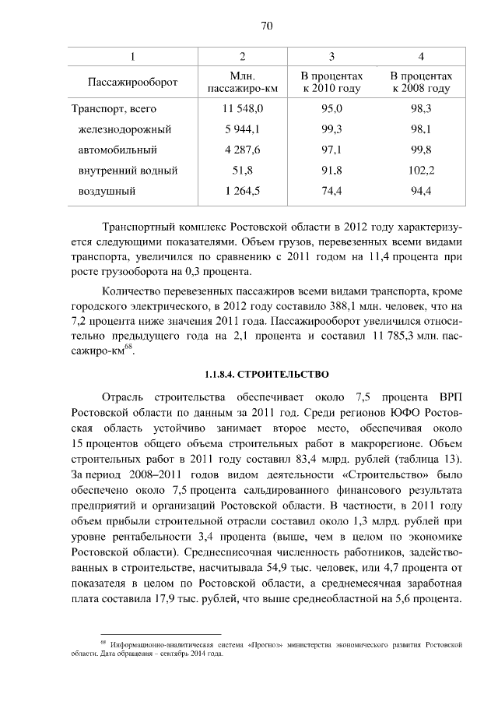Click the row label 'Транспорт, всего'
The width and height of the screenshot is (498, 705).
(114, 109)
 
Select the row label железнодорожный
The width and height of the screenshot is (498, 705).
(124, 129)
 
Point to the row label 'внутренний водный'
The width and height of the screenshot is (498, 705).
(128, 170)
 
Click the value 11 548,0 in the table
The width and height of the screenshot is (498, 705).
(243, 109)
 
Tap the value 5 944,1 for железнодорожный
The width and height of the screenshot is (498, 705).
(243, 129)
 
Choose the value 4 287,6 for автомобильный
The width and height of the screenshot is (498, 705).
(243, 150)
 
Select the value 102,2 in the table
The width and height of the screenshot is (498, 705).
(421, 170)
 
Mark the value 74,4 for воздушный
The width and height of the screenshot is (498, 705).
(331, 190)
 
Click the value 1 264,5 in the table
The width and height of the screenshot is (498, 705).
(243, 190)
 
